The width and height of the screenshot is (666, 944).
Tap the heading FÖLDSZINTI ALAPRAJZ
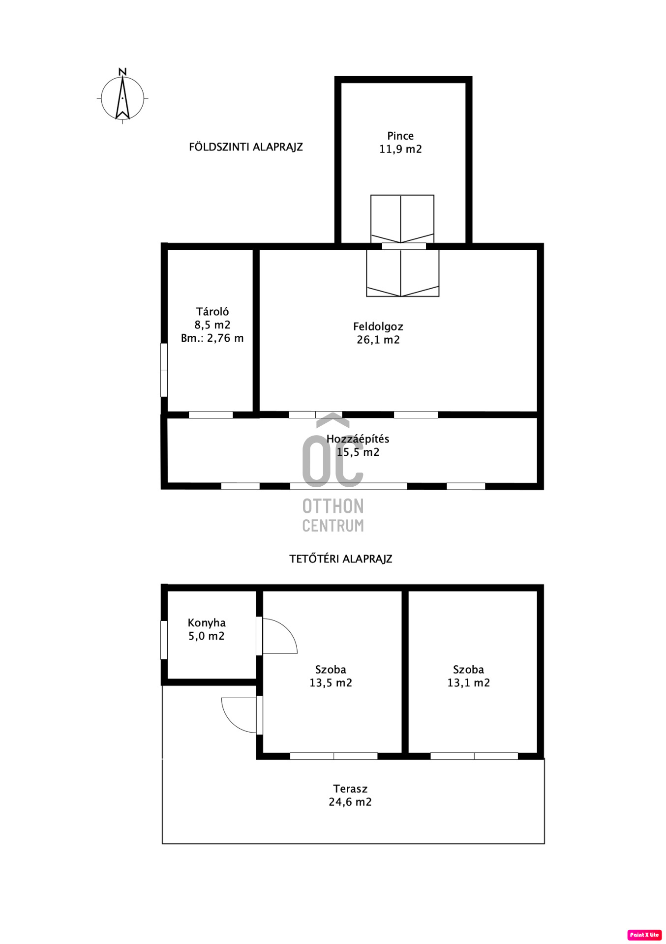[x=246, y=147]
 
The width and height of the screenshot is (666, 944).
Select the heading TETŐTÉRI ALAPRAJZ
[x=341, y=559]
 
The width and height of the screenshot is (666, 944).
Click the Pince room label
[x=400, y=136]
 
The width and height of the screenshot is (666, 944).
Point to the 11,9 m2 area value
[x=400, y=149]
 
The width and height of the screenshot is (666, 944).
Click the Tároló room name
[x=212, y=311]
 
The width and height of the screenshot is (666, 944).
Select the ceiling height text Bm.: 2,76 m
[x=212, y=338]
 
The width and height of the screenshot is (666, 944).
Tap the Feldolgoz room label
[x=378, y=326]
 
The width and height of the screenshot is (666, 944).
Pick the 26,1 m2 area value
[x=378, y=340]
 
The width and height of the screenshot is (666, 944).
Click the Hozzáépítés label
[x=358, y=439]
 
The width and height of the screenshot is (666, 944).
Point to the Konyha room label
[x=207, y=623]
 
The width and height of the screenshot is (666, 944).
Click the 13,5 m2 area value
[x=331, y=682]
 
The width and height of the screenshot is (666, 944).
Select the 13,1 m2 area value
[x=469, y=682]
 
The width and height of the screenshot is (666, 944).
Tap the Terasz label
[x=350, y=789]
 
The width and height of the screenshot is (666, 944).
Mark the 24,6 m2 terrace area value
[x=350, y=802]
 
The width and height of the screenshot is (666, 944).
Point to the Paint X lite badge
[x=644, y=935]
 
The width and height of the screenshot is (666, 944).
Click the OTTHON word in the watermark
[x=333, y=506]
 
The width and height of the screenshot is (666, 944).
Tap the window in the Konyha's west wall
[x=164, y=640]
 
